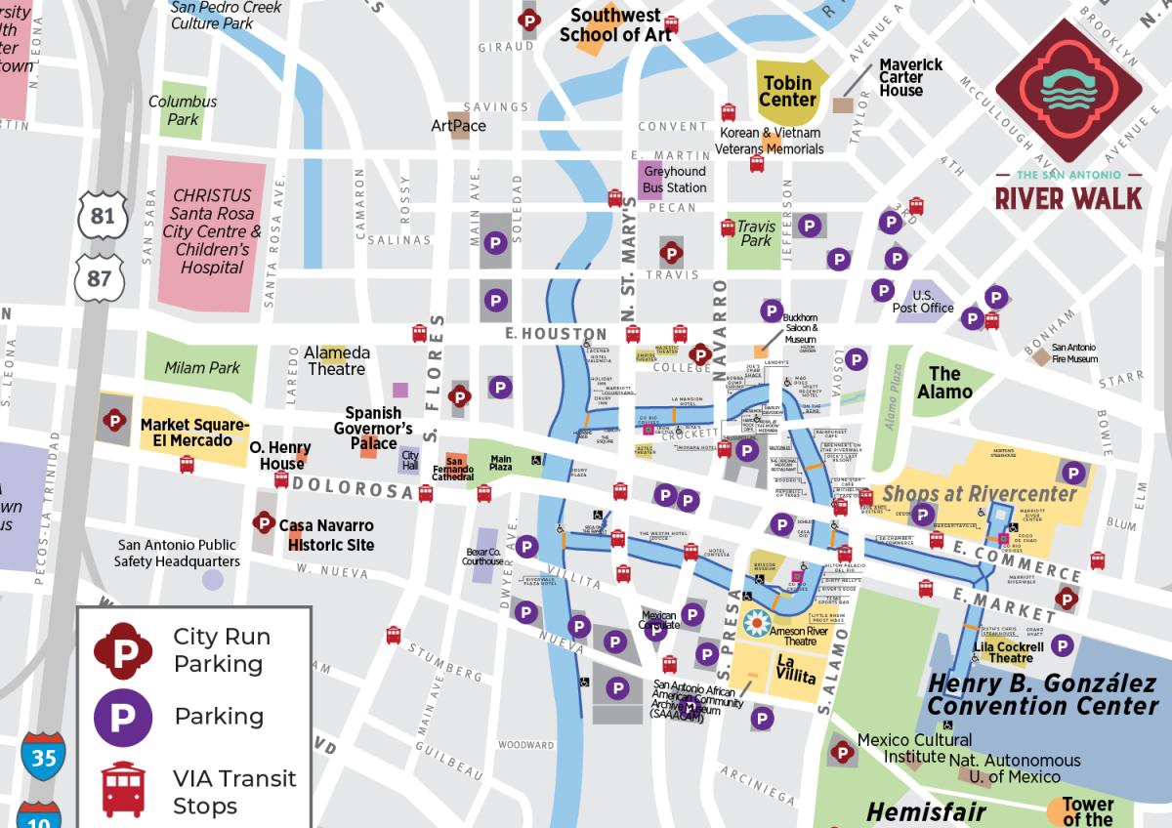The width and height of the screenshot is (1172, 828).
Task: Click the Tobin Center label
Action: [x=787, y=92]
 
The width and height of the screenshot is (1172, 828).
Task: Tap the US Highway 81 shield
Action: [x=103, y=216]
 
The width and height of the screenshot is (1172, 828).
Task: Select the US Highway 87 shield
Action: [x=100, y=277]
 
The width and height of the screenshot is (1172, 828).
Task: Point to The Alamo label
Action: [x=943, y=383]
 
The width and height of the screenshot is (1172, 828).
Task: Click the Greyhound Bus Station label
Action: [x=674, y=180]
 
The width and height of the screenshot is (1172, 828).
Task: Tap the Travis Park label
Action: [x=755, y=233]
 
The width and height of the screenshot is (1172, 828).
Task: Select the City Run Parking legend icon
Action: [x=123, y=650]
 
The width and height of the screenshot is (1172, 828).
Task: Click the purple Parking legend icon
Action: [x=123, y=717]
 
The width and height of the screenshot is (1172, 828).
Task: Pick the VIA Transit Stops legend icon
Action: [x=123, y=789]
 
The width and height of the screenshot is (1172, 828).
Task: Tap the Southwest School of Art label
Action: [x=615, y=25]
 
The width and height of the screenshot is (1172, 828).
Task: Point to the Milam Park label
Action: [x=202, y=368]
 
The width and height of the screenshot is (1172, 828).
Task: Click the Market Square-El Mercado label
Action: [x=194, y=433]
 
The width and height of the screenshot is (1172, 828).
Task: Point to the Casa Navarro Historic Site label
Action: [x=326, y=535]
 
